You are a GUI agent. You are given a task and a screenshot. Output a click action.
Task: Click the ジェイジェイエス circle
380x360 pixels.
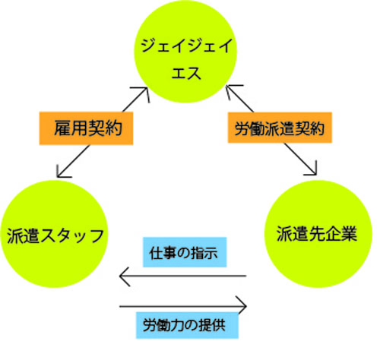tap(185, 52)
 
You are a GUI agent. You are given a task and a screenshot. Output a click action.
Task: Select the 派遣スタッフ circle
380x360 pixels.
tap(54, 234)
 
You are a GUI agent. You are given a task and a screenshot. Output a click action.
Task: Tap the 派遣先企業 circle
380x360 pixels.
tap(318, 234)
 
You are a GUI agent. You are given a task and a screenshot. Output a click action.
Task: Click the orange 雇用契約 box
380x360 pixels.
tap(86, 128)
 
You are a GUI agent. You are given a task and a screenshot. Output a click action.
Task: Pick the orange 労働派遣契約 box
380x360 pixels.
tap(280, 128)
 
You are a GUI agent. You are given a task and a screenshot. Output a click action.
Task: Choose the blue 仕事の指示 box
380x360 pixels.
tap(185, 252)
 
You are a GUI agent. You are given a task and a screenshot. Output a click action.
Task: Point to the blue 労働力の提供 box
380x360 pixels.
tap(187, 325)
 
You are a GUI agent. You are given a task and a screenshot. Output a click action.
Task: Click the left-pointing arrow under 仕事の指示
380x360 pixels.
tap(182, 276)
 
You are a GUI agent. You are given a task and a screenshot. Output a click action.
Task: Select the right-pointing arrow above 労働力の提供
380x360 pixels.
tap(183, 306)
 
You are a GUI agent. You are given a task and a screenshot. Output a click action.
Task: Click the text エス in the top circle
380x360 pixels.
tap(186, 74)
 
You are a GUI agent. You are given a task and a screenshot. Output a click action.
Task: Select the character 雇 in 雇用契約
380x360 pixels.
tap(62, 128)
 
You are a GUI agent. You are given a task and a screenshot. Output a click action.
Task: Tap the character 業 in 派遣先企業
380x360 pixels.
tap(349, 233)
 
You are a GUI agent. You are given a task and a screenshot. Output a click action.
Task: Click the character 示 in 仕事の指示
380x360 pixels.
tap(211, 253)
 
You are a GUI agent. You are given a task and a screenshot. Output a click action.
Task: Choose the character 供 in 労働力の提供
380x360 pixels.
tap(218, 325)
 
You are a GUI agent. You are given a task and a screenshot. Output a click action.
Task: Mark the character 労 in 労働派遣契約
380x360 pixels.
tap(242, 128)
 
